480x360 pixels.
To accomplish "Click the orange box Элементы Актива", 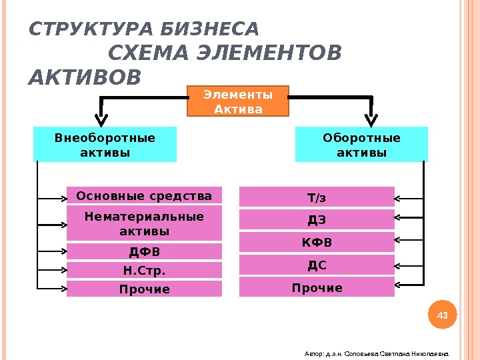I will click(238, 101).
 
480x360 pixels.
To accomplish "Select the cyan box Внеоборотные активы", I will click(105, 145).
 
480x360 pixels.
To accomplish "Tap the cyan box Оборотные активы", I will click(361, 145).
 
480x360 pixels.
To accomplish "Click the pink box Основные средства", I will click(144, 196).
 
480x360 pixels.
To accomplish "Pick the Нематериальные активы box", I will click(144, 223).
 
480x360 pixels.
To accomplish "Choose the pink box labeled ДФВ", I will click(144, 251).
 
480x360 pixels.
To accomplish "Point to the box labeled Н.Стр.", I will click(144, 270).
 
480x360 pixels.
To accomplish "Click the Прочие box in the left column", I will click(144, 289).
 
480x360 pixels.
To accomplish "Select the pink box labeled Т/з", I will click(317, 197).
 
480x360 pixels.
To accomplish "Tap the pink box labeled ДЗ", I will click(317, 220).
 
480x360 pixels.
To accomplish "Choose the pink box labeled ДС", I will click(317, 265).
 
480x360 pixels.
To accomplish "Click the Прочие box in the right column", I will click(317, 287).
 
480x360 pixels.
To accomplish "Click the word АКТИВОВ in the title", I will click(85, 77).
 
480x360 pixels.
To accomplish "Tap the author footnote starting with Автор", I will click(377, 355).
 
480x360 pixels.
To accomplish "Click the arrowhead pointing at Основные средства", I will click(63, 198).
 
